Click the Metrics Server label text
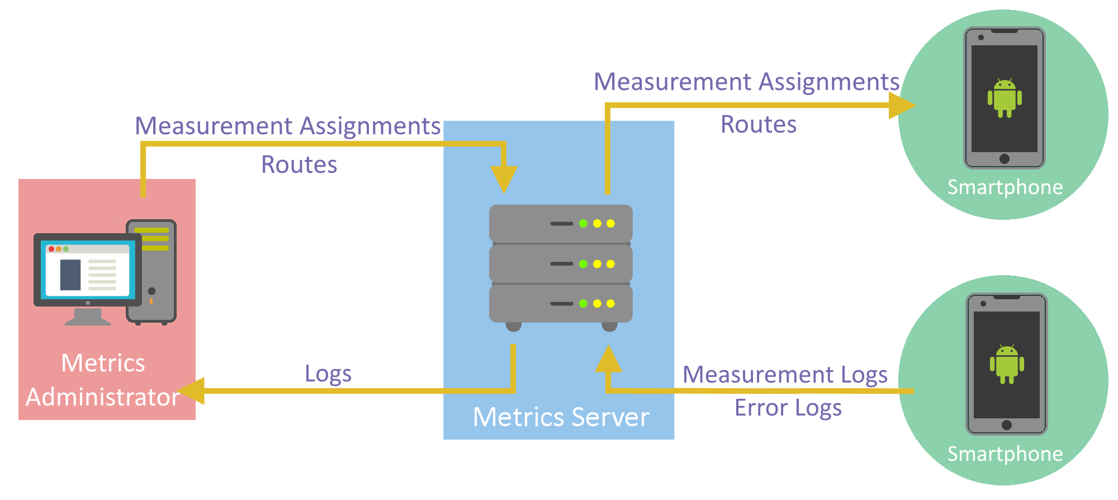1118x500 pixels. pyautogui.click(x=561, y=417)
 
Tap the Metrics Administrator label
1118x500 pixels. pyautogui.click(x=103, y=380)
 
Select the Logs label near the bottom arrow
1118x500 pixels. pyautogui.click(x=328, y=374)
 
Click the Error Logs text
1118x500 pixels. pyautogui.click(x=788, y=408)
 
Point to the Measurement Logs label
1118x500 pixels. pyautogui.click(x=785, y=374)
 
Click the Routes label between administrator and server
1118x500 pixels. pyautogui.click(x=299, y=164)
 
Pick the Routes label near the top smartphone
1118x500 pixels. pyautogui.click(x=759, y=124)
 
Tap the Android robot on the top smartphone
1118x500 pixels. pyautogui.click(x=1005, y=98)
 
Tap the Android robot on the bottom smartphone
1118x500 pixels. pyautogui.click(x=1007, y=364)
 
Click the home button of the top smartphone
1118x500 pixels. pyautogui.click(x=1005, y=159)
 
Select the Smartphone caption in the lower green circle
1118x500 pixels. pyautogui.click(x=1005, y=454)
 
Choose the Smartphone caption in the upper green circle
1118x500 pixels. pyautogui.click(x=1005, y=187)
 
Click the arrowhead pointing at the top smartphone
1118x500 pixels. pyautogui.click(x=901, y=105)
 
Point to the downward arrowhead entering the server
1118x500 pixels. pyautogui.click(x=504, y=179)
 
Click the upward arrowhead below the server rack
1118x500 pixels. pyautogui.click(x=608, y=360)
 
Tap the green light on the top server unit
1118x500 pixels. pyautogui.click(x=583, y=224)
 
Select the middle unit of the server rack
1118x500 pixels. pyautogui.click(x=561, y=264)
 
